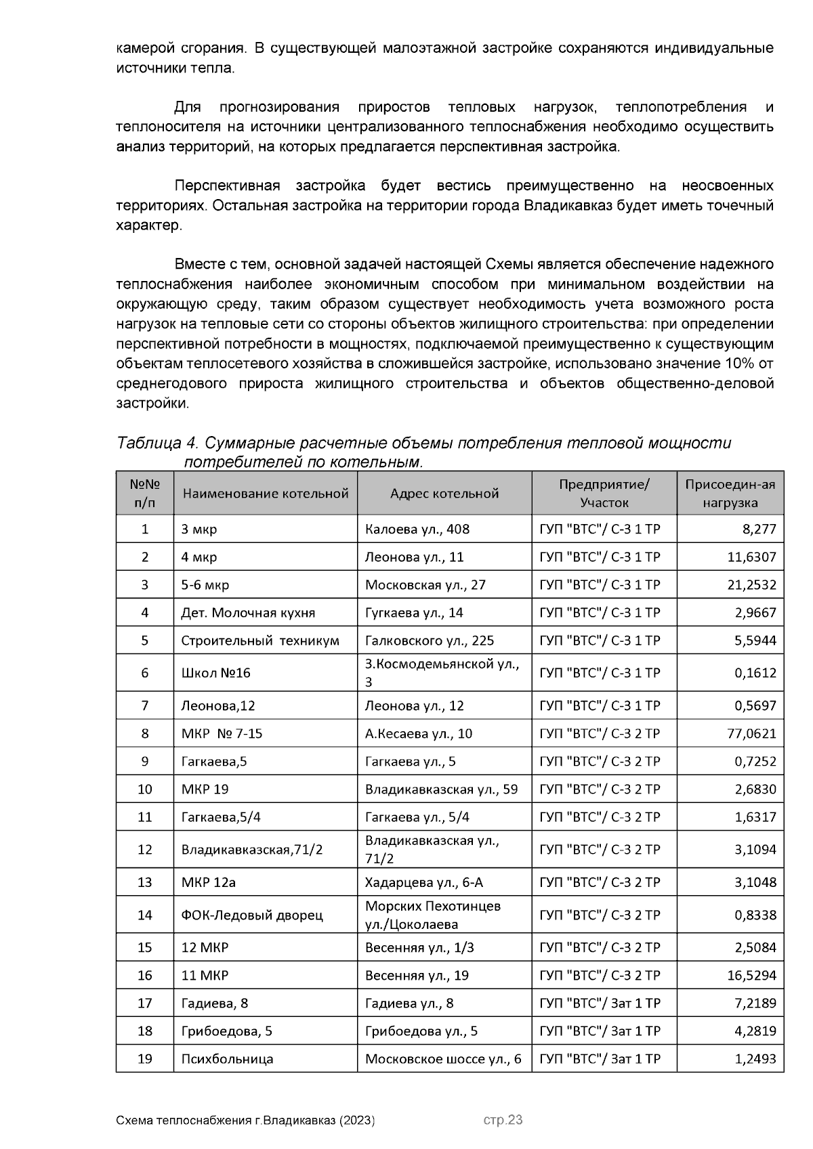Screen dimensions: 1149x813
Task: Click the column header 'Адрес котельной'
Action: [x=444, y=494]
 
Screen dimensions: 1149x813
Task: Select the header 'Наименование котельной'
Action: [x=265, y=494]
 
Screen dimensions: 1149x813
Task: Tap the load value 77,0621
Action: [x=751, y=733]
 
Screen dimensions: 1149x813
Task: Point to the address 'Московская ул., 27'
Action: [x=425, y=584]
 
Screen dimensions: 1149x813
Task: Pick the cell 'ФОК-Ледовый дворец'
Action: [x=251, y=915]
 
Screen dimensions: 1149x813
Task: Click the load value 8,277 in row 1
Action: [x=759, y=529]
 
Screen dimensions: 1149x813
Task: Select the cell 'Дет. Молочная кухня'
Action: [x=248, y=613]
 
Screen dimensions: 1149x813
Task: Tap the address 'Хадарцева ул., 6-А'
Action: [x=423, y=882]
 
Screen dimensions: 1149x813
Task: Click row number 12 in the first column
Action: [x=144, y=849]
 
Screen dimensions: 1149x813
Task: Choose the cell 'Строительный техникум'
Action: [x=259, y=641]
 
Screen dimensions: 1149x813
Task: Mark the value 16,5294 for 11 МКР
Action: [x=751, y=975]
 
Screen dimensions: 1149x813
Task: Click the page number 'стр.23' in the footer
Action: [x=503, y=1120]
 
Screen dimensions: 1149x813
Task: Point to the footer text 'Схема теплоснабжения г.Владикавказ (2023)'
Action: [x=245, y=1121]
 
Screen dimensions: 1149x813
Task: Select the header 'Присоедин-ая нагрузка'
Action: [x=730, y=494]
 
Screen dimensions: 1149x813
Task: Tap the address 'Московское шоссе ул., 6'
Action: [x=443, y=1058]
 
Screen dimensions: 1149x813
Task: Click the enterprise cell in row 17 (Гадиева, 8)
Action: [x=599, y=1003]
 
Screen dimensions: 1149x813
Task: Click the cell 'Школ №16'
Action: [x=215, y=672]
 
